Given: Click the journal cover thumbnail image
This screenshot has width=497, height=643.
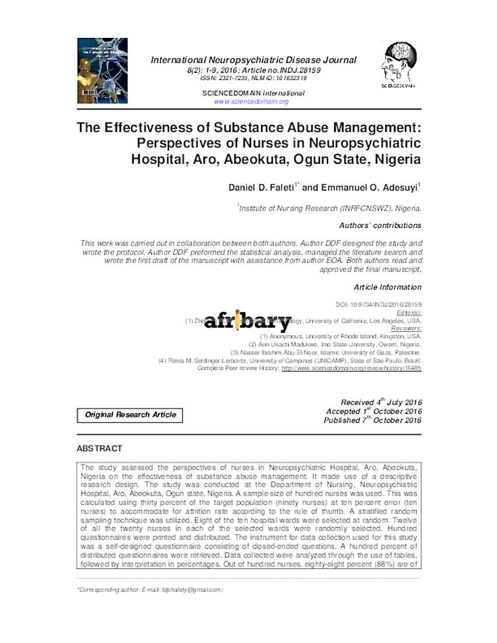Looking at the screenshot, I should pyautogui.click(x=102, y=71).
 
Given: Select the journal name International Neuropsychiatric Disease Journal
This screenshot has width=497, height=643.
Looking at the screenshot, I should pyautogui.click(x=253, y=60).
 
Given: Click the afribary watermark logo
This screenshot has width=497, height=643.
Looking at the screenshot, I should pyautogui.click(x=248, y=321).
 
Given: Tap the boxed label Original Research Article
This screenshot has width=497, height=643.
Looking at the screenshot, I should pyautogui.click(x=130, y=415).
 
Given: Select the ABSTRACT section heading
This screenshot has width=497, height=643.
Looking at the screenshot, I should pyautogui.click(x=100, y=448).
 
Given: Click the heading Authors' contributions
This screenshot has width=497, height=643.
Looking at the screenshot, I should pyautogui.click(x=380, y=225).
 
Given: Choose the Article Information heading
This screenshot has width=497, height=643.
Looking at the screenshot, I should pyautogui.click(x=387, y=287).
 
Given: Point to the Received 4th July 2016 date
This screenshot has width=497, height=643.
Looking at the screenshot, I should pyautogui.click(x=381, y=402).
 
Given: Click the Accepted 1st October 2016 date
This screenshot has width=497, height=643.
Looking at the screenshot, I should pyautogui.click(x=373, y=411).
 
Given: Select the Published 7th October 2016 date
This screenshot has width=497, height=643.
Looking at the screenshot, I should pyautogui.click(x=372, y=420).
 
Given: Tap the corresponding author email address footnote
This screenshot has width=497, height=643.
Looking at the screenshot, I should pyautogui.click(x=150, y=590).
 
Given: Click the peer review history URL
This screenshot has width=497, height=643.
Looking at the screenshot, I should pyautogui.click(x=351, y=369).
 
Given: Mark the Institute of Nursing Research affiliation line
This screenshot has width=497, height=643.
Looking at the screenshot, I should pyautogui.click(x=329, y=207).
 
